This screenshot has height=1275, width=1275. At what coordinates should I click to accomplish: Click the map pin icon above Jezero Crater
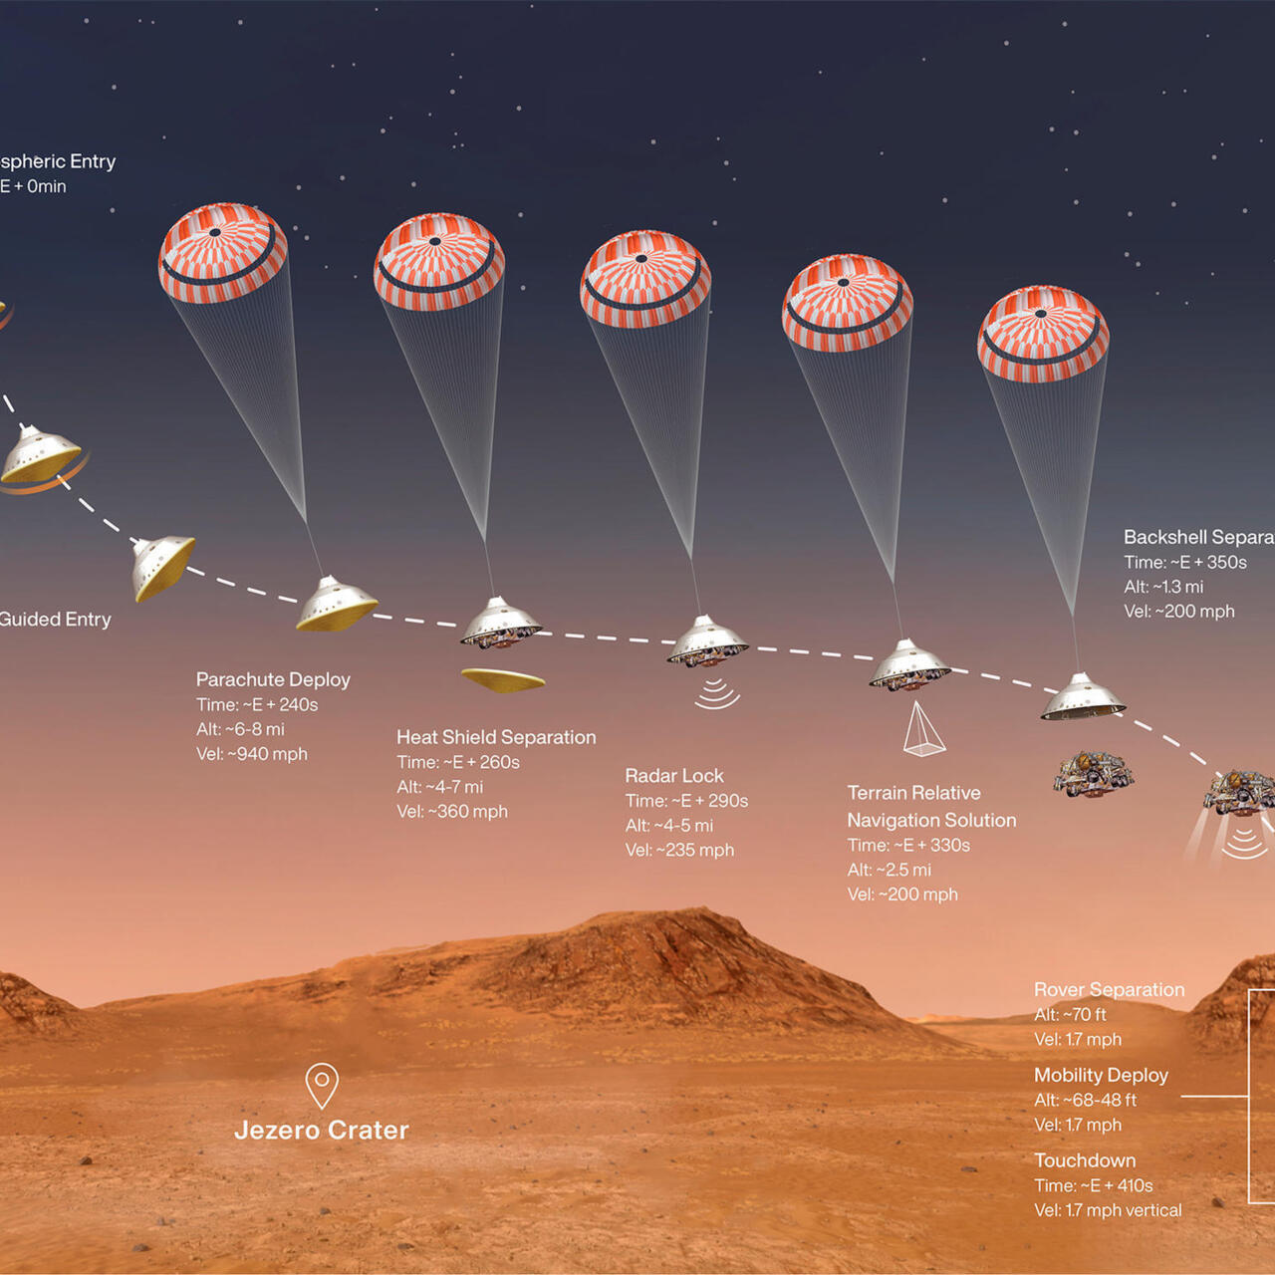coord(322,1084)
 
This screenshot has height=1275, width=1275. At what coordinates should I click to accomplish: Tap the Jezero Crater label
coord(322,1130)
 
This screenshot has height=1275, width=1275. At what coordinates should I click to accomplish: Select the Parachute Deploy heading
coord(273,679)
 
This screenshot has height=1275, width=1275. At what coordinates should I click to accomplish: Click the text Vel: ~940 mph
coord(252,754)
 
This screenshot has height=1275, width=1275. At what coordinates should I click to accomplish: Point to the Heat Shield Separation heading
coord(496,737)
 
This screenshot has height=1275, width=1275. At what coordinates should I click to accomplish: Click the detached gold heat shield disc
coord(503,680)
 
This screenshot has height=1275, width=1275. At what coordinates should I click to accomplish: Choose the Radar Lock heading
coord(674,775)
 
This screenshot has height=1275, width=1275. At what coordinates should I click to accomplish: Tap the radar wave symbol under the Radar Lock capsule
coord(716,693)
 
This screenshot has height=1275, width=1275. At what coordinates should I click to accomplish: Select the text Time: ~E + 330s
coord(908,845)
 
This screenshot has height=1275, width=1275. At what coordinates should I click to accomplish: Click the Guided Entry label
coord(55,619)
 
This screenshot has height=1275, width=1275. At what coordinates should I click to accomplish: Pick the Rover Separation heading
coord(1109,989)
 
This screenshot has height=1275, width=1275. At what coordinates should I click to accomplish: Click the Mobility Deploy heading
coord(1101,1075)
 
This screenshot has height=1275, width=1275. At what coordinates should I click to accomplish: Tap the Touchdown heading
coord(1085,1160)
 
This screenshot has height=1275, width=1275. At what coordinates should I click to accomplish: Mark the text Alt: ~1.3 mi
coord(1163,587)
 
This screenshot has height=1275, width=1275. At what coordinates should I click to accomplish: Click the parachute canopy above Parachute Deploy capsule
coord(223,253)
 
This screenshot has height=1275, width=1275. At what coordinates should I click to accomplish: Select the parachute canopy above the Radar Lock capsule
coord(645,279)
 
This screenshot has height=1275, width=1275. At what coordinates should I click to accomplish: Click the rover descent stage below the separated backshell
coord(1094,773)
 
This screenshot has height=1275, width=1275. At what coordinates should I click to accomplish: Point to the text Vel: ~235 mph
coord(679,850)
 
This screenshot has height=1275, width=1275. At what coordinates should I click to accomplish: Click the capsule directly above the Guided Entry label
coord(161,567)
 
